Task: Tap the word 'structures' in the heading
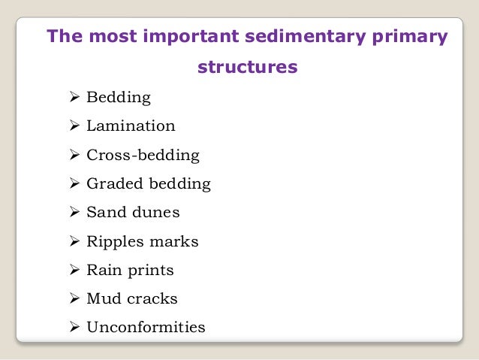247,68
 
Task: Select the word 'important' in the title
197,37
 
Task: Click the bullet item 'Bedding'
119,98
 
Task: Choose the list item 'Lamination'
131,126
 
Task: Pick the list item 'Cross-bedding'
143,156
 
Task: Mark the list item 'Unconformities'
146,328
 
